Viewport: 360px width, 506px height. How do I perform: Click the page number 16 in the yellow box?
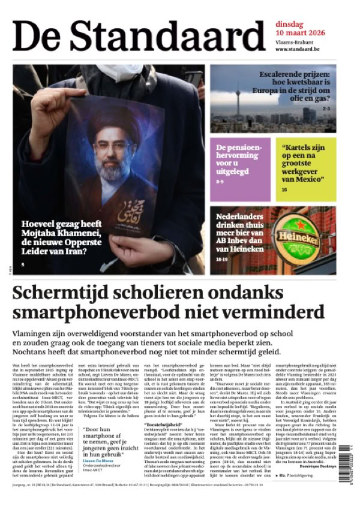[x=283, y=190]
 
